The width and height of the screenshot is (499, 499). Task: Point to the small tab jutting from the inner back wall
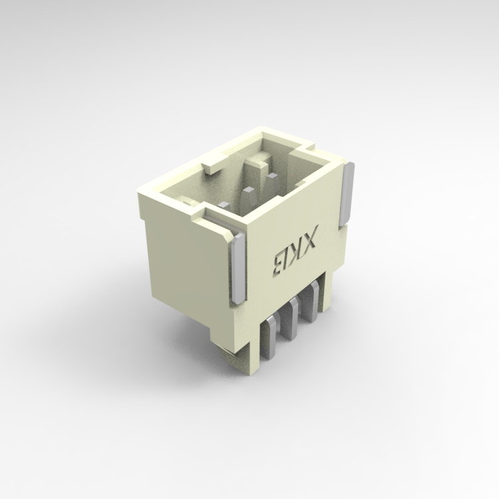tap(210, 164)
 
